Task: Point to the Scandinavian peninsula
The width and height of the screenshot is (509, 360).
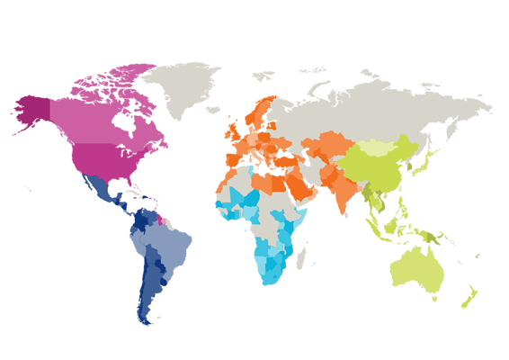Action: [x=261, y=112]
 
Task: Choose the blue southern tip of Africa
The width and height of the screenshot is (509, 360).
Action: [x=270, y=274]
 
